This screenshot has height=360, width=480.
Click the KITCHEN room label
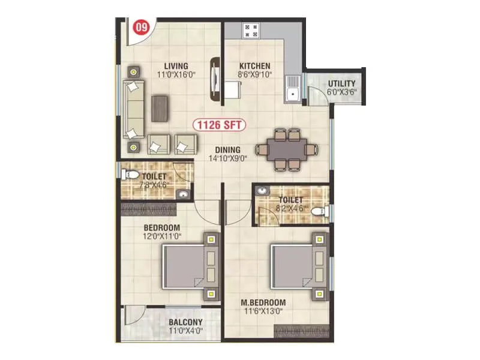click(x=254, y=66)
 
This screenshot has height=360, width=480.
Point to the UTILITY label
click(x=341, y=83)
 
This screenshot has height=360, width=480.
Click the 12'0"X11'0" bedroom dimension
click(x=162, y=236)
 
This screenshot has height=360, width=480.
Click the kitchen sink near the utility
click(x=293, y=93)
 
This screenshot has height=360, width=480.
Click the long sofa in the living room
click(x=134, y=109)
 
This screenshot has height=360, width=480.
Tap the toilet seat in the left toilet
click(x=129, y=175)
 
